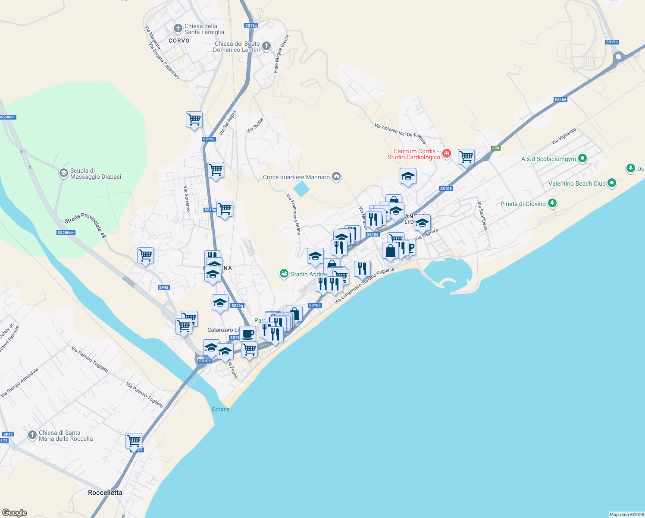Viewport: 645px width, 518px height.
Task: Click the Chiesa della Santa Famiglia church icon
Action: pyautogui.click(x=178, y=28)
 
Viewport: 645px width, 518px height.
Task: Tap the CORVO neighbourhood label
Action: pyautogui.click(x=179, y=41)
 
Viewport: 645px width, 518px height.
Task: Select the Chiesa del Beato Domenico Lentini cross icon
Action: pyautogui.click(x=266, y=46)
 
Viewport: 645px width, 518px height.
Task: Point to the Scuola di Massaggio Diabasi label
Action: pyautogui.click(x=95, y=174)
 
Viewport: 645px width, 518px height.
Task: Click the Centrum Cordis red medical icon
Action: pyautogui.click(x=447, y=153)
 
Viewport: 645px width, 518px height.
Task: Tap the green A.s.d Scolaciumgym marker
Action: pyautogui.click(x=582, y=158)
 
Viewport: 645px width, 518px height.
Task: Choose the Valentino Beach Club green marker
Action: pyautogui.click(x=611, y=183)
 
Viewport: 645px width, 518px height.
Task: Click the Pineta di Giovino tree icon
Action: pyautogui.click(x=552, y=203)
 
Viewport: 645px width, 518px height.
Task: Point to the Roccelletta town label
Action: pyautogui.click(x=105, y=493)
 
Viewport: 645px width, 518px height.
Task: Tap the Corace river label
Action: pyautogui.click(x=220, y=409)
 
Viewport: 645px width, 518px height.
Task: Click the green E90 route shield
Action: pyautogui.click(x=495, y=148)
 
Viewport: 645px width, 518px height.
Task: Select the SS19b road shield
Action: pyautogui.click(x=611, y=42)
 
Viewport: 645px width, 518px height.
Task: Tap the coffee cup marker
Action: pyautogui.click(x=247, y=333)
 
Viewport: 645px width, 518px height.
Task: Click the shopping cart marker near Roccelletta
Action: pyautogui.click(x=134, y=441)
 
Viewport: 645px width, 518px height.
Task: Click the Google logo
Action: pyautogui.click(x=15, y=512)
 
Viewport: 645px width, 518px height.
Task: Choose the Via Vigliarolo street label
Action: pyautogui.click(x=564, y=136)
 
